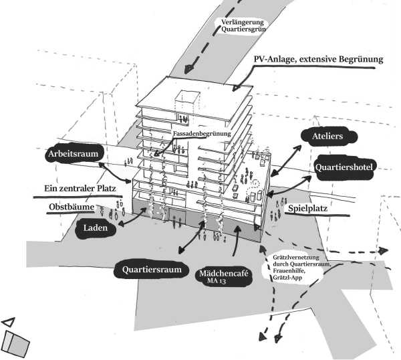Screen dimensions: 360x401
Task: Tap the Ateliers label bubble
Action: tap(327, 137)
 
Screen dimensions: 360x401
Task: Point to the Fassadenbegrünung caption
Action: tap(202, 134)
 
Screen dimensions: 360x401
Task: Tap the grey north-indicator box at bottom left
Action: tap(16, 344)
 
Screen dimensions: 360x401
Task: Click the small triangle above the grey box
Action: tap(8, 323)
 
